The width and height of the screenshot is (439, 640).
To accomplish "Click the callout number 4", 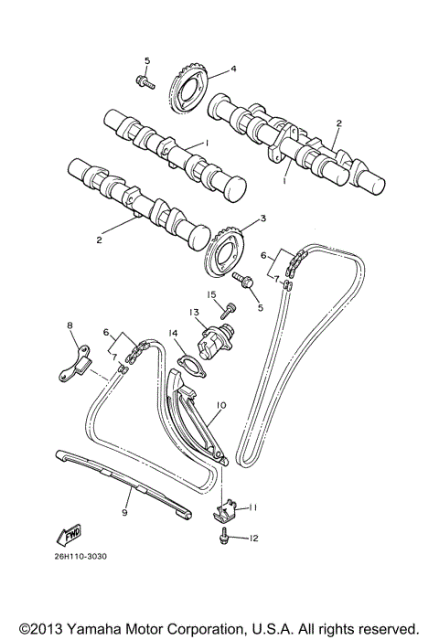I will click(233, 69).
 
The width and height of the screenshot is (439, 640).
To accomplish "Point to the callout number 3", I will click(262, 219).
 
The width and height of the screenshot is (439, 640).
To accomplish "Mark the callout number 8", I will click(69, 325).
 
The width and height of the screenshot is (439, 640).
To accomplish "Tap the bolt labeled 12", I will click(222, 539).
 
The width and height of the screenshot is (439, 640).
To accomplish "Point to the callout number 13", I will click(194, 312).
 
